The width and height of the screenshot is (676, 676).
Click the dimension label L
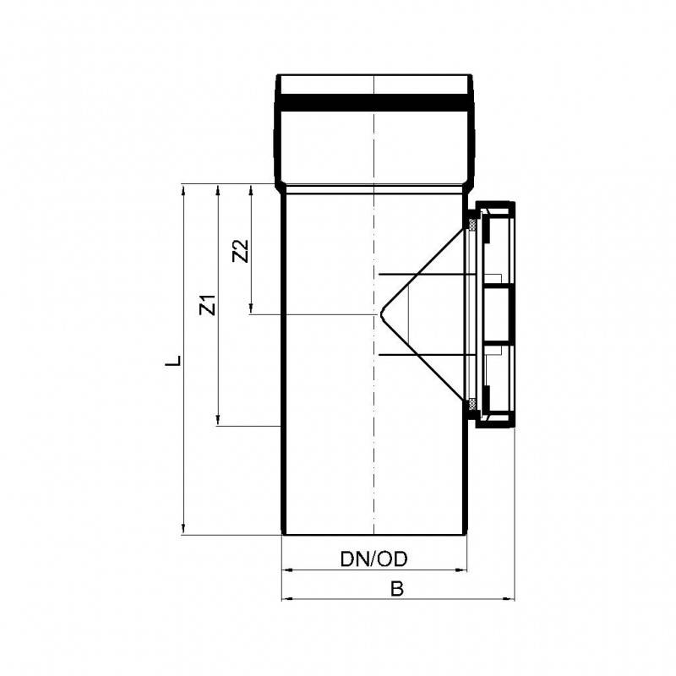(173, 361)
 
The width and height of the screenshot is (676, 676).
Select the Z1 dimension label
(207, 305)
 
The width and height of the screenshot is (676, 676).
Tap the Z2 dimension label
(241, 251)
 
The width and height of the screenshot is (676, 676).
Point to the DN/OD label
(373, 559)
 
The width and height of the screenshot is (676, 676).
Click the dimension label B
(397, 588)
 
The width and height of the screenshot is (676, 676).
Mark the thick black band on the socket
(374, 102)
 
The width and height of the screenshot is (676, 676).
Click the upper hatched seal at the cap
(473, 224)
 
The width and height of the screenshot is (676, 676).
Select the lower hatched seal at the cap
(473, 405)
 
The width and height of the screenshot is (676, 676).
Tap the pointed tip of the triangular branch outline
(381, 314)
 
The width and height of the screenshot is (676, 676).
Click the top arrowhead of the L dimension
(183, 189)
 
